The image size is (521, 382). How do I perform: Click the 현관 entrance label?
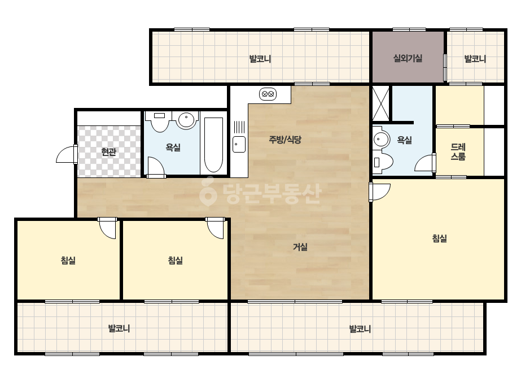[x=108, y=152]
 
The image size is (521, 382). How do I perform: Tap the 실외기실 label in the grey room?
[x=408, y=59]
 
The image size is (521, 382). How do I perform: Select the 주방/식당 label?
[x=284, y=140]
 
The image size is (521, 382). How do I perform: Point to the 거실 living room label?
[x=300, y=247]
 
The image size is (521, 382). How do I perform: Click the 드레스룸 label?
[x=458, y=152]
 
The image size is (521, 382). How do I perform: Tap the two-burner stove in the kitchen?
[x=268, y=94]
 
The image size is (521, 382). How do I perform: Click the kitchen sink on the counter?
[x=239, y=145]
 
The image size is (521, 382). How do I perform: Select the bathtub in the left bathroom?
[x=213, y=145]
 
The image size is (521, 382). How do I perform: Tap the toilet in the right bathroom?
[x=383, y=162]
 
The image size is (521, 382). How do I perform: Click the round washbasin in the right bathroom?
[x=381, y=140]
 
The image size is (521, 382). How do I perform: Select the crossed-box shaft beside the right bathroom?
[x=381, y=103]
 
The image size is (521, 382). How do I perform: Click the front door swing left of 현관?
[x=67, y=154]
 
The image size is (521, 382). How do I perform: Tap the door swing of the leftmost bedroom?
[x=107, y=228]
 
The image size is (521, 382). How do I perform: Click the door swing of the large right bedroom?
[x=379, y=192]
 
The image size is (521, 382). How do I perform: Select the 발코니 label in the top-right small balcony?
[x=475, y=59]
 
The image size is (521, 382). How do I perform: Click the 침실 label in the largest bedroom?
[x=439, y=238]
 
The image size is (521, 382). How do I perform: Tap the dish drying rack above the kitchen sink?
[x=239, y=127]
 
